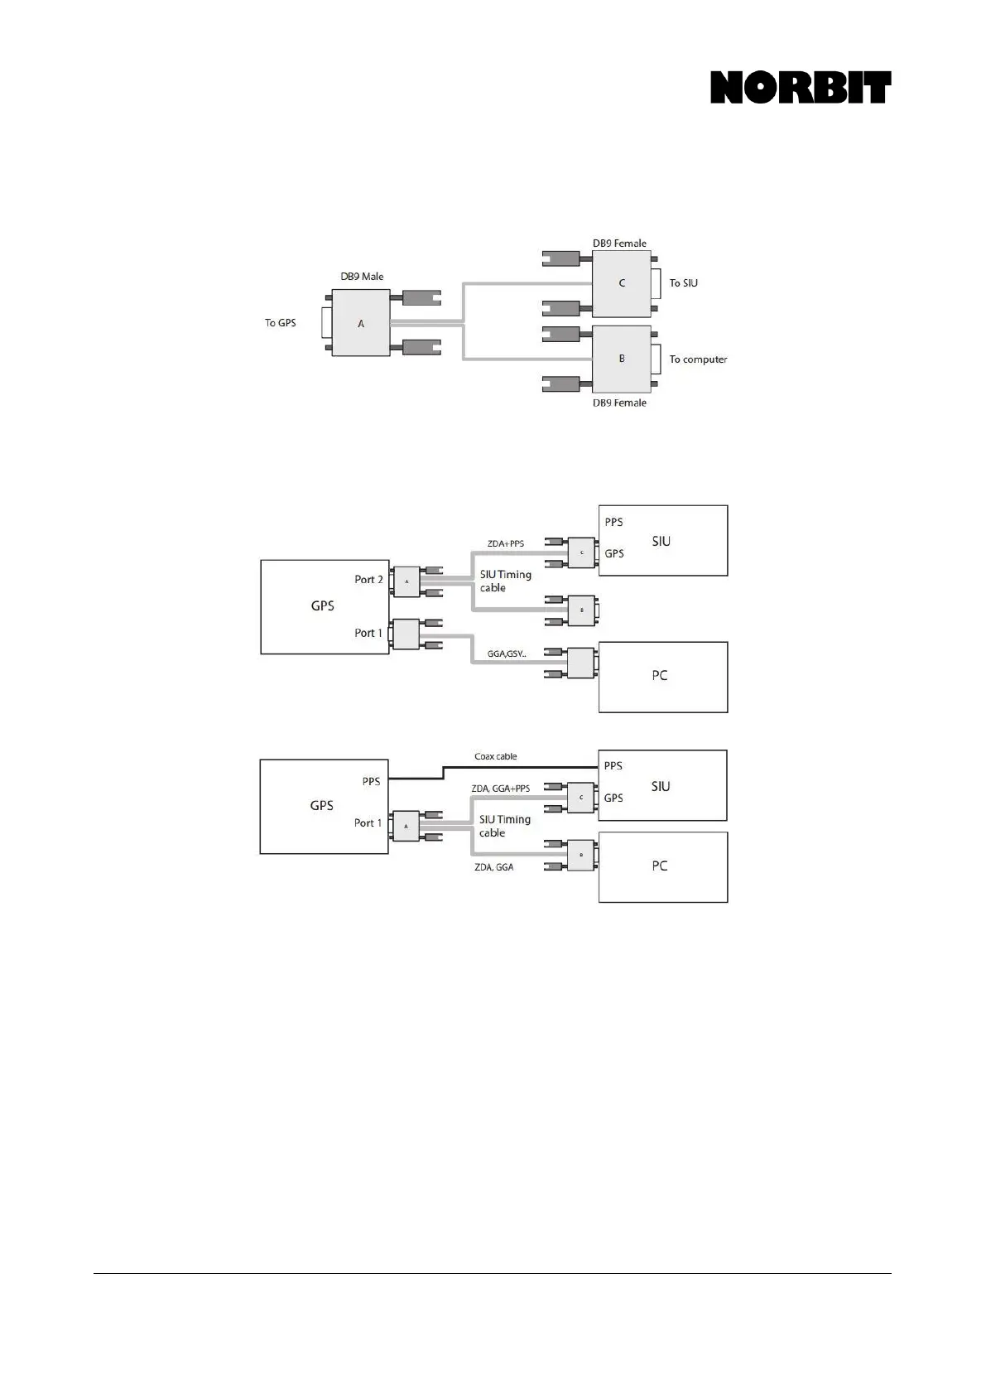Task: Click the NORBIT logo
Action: point(800,88)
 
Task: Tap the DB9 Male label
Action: point(362,277)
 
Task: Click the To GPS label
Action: point(280,323)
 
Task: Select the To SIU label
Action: point(683,283)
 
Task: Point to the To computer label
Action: point(698,359)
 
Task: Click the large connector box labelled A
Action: point(361,323)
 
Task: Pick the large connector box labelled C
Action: point(622,283)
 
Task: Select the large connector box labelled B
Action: point(622,359)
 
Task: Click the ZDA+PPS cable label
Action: point(505,544)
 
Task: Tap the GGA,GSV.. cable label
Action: point(506,654)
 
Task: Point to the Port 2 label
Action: point(368,580)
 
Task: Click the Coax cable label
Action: point(495,756)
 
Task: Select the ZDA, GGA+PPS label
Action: point(500,789)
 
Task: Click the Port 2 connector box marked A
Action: point(406,581)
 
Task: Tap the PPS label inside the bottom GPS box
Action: point(371,781)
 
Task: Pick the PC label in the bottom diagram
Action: point(659,866)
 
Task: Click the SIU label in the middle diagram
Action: point(661,541)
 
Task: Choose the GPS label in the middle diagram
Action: point(322,605)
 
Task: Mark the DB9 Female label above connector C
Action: point(619,244)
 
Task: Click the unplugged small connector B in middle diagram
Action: point(581,610)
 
